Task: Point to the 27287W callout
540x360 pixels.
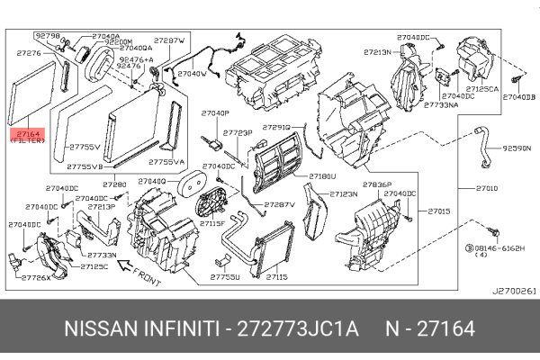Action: point(169,41)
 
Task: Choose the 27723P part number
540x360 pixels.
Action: point(237,132)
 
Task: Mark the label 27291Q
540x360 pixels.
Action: point(276,127)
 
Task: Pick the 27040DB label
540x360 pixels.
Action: point(518,96)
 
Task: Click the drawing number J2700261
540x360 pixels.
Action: point(514,291)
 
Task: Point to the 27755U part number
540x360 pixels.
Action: point(225,278)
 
